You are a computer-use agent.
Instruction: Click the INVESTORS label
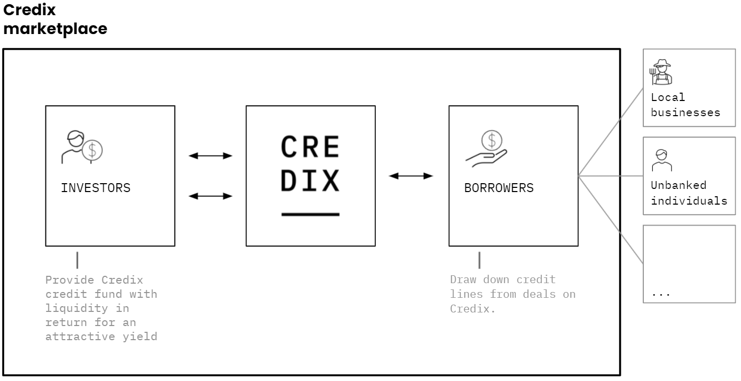(x=96, y=188)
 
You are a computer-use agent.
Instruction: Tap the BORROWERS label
(x=499, y=188)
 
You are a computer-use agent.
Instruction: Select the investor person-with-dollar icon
(x=82, y=147)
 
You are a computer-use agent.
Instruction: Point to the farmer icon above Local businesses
(x=661, y=72)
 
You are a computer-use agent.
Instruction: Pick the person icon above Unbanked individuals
(x=662, y=161)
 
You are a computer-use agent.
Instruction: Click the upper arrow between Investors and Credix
(x=210, y=156)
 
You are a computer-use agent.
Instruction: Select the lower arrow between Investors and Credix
(x=210, y=196)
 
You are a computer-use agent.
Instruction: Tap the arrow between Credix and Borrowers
(x=411, y=176)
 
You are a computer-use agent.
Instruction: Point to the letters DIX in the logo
(x=310, y=181)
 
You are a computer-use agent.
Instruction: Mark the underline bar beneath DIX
(x=310, y=214)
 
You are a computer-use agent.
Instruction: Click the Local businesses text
(x=685, y=105)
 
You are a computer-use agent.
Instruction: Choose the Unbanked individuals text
(x=689, y=193)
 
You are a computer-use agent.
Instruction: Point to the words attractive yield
(x=101, y=337)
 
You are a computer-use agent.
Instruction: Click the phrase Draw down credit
(x=503, y=279)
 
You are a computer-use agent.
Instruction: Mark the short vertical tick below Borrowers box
(x=479, y=260)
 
